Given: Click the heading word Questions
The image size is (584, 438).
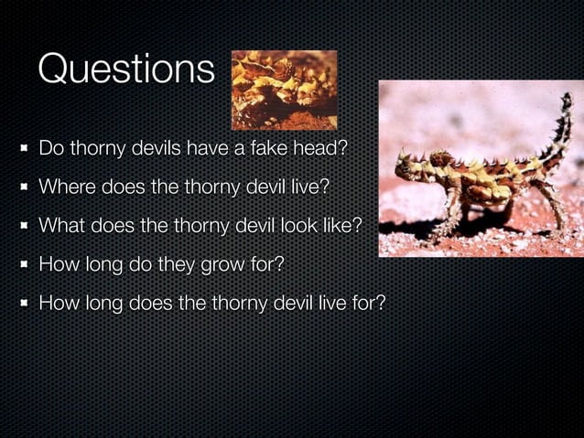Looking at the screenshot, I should pos(126,69).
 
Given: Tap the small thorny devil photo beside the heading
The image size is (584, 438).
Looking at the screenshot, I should pos(284,90).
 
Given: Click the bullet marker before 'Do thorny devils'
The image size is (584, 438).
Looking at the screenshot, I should pos(22,148).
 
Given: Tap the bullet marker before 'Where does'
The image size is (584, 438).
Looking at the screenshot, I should pos(22,187).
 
